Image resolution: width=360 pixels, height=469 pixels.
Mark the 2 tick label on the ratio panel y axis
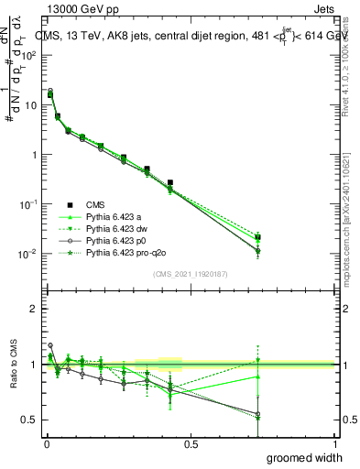[34, 309]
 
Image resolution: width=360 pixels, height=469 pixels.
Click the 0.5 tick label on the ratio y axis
[29, 420]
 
